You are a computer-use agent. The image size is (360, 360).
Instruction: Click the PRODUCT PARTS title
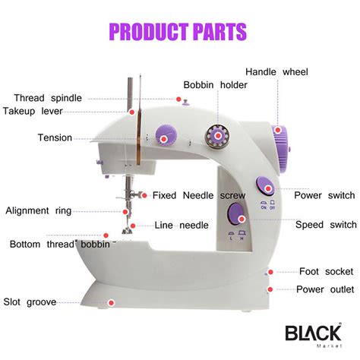[x=178, y=32]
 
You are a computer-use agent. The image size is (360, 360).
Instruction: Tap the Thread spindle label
[x=49, y=97]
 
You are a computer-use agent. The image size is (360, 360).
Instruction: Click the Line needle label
[x=182, y=225]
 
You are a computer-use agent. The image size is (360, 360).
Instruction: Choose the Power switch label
[x=324, y=195]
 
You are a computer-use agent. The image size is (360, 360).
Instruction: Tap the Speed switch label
[x=324, y=224]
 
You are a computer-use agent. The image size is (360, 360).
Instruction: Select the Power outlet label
[x=324, y=289]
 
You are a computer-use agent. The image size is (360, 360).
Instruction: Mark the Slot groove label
[x=30, y=302]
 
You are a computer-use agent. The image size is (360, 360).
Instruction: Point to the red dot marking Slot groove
[x=110, y=302]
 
